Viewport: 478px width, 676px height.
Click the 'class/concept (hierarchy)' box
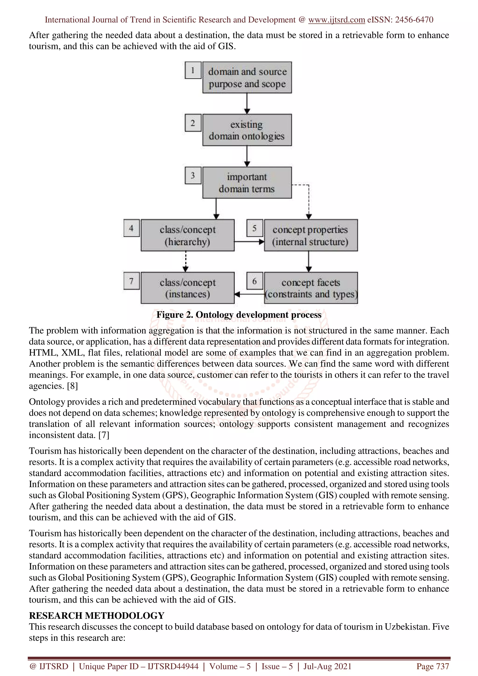point(188,235)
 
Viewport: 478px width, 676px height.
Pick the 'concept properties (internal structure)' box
point(311,235)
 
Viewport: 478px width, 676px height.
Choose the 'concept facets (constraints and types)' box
point(311,288)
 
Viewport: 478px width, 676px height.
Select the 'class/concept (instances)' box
point(188,288)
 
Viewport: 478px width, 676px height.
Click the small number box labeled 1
point(193,70)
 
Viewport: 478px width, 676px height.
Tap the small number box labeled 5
point(254,228)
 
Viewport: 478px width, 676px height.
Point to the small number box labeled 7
point(131,281)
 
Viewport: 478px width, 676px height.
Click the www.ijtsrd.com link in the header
point(336,20)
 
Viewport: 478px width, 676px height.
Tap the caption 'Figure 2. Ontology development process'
point(239,315)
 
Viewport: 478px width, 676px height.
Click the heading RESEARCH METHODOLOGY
point(97,615)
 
